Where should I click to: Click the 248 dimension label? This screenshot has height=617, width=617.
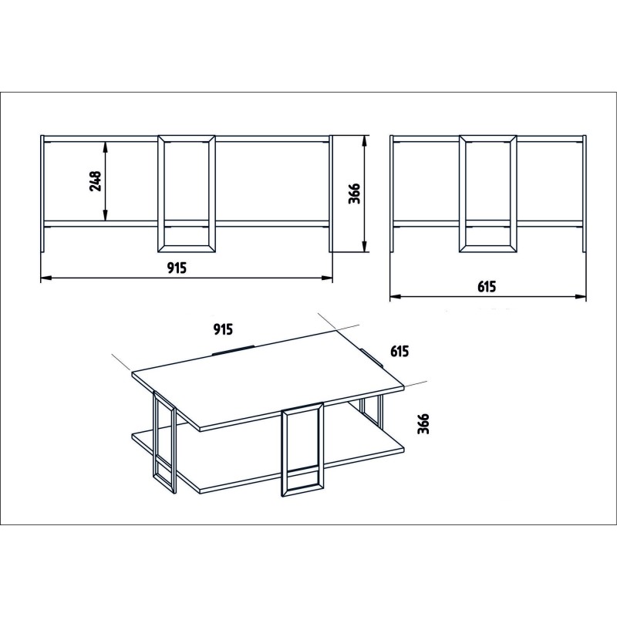tap(96, 180)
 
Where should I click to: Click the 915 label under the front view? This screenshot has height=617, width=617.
tap(177, 267)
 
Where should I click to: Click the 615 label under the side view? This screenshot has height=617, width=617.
tap(485, 286)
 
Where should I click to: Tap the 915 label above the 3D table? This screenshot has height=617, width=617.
tap(223, 329)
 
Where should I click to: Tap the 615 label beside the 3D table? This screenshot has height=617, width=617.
tap(399, 351)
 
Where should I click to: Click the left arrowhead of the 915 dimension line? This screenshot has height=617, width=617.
tap(45, 278)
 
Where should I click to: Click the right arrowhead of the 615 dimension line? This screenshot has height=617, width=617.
tap(582, 296)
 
